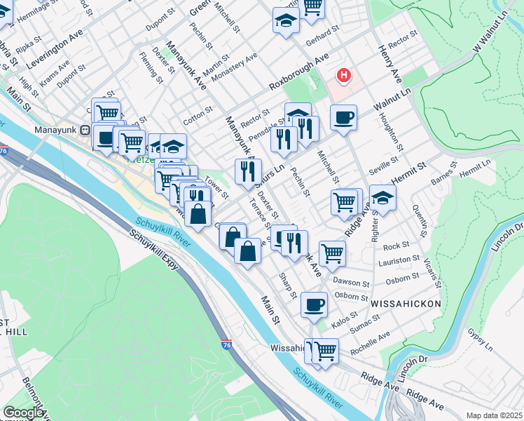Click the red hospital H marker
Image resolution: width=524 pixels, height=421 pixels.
point(344,75)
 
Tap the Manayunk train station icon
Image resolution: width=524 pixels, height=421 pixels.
point(84,130)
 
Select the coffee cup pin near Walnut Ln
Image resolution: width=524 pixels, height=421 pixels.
point(343,117)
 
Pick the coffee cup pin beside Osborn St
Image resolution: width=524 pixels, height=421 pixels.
point(314,305)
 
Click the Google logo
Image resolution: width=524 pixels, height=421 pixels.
point(24,412)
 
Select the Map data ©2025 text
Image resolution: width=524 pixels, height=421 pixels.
point(494,415)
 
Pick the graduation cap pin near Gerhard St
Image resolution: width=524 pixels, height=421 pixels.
point(286,21)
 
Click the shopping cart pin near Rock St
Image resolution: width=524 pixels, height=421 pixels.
point(331,253)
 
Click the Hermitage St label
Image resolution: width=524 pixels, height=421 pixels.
point(37,8)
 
